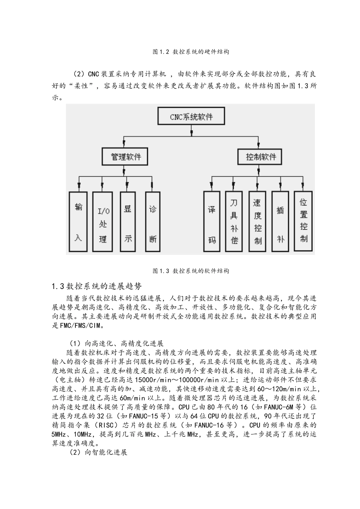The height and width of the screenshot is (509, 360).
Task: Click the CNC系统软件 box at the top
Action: (191, 116)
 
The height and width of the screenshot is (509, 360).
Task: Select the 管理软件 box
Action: (125, 156)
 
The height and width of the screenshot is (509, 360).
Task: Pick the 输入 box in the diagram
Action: (78, 222)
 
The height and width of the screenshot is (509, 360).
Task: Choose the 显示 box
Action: (128, 222)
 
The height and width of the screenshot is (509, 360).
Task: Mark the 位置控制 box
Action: (304, 222)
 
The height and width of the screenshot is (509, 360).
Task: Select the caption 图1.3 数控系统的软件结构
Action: (191, 271)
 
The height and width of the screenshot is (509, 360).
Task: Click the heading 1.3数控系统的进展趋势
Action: (97, 286)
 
